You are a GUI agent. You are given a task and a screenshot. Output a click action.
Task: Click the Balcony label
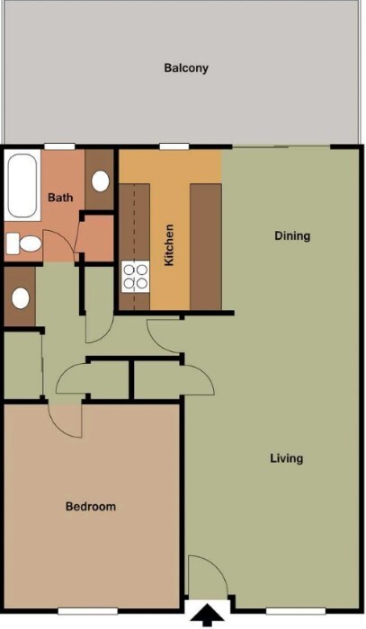186,67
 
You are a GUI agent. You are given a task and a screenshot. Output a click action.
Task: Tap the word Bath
60,198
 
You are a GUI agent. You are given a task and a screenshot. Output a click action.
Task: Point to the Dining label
291,236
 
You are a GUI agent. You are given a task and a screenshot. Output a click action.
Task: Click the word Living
287,458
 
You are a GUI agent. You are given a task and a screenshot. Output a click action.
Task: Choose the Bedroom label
91,507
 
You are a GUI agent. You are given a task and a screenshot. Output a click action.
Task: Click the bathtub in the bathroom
22,186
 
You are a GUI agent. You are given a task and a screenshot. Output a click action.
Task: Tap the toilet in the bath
24,244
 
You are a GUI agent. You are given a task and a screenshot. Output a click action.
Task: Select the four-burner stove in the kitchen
135,276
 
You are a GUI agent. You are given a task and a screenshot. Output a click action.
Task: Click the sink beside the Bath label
100,181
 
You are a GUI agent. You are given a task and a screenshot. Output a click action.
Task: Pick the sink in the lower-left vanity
19,297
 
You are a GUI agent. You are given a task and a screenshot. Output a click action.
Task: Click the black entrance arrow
208,616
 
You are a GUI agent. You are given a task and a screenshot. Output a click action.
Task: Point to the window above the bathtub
59,146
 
